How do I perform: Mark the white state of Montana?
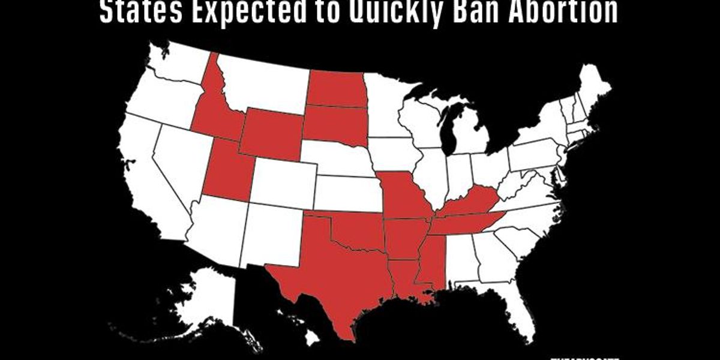(x=264, y=84)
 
